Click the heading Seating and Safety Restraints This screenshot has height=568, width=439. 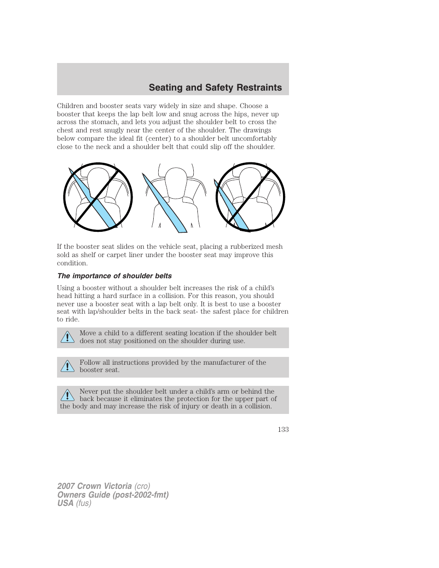(x=215, y=87)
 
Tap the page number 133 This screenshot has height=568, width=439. (x=283, y=429)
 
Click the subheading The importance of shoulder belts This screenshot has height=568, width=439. (x=114, y=276)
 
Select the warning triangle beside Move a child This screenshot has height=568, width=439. (x=67, y=337)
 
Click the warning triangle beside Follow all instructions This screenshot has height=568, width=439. (x=67, y=366)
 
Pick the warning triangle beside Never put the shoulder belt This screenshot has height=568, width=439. (x=67, y=395)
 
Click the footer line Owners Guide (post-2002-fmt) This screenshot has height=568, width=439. (x=113, y=495)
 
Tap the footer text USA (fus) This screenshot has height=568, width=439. (x=74, y=503)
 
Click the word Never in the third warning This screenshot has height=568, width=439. (x=88, y=391)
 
